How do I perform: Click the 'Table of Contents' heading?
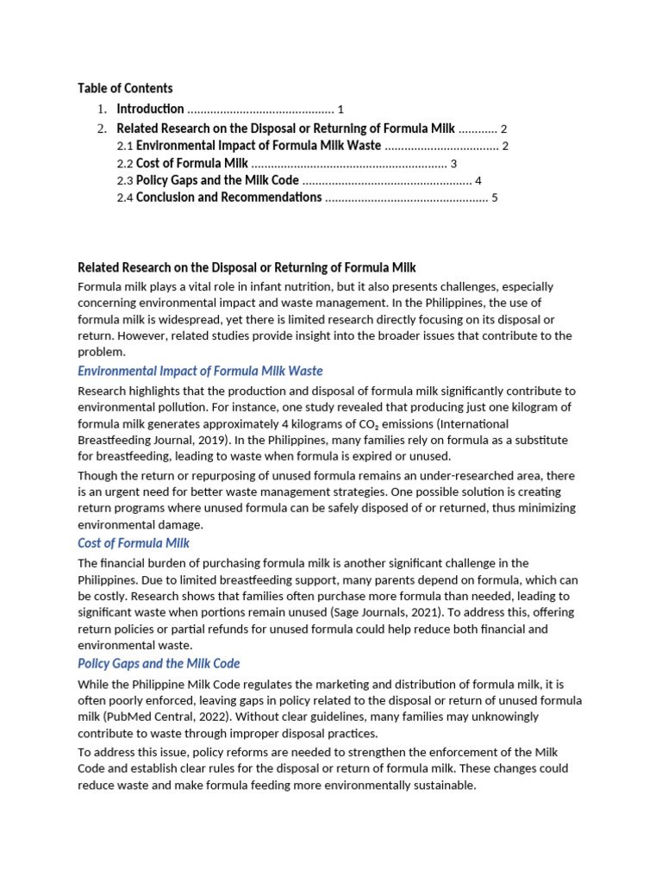[x=125, y=88]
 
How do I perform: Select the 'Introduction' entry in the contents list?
[x=150, y=109]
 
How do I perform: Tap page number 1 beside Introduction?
[x=340, y=110]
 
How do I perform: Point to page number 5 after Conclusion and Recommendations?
[x=495, y=197]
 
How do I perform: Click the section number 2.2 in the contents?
[x=125, y=164]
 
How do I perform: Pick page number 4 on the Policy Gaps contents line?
[x=478, y=180]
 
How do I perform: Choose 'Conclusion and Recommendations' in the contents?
[x=228, y=197]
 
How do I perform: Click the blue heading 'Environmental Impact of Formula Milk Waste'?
[x=200, y=371]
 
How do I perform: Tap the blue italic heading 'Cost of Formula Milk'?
[x=134, y=543]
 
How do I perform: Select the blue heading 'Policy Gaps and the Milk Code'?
[x=159, y=663]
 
